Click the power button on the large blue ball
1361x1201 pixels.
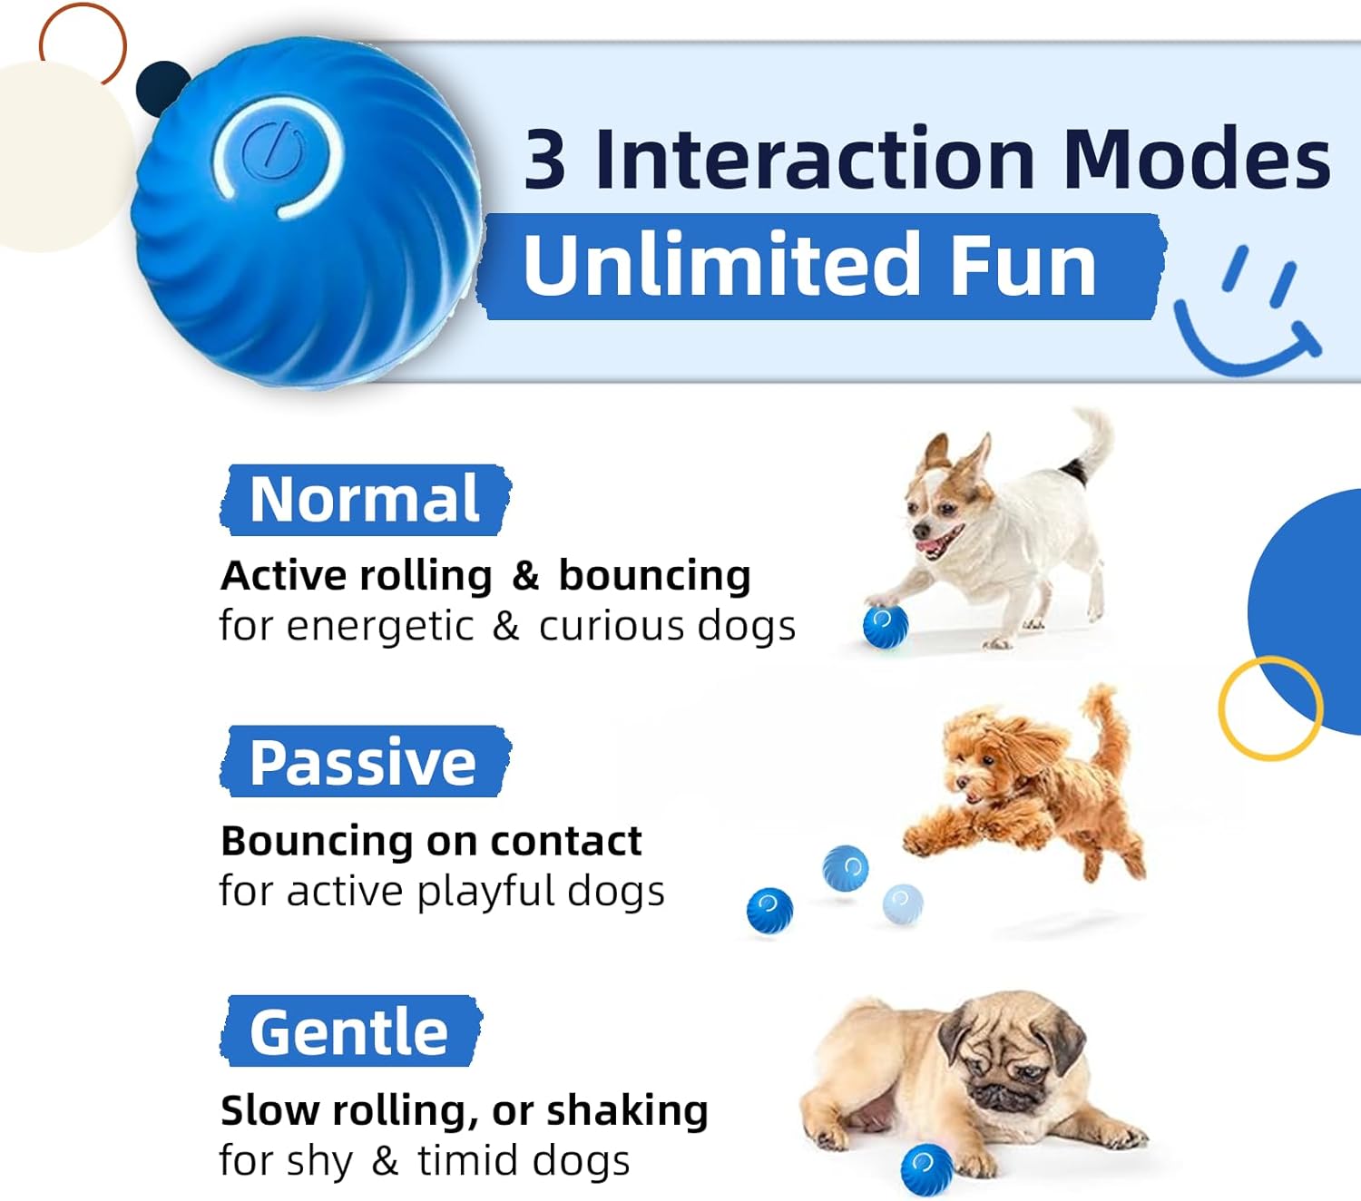tap(271, 151)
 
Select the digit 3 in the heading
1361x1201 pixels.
tap(544, 160)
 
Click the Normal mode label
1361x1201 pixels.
tap(365, 500)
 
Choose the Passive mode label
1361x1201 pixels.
tap(365, 762)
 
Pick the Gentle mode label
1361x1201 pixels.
tap(350, 1031)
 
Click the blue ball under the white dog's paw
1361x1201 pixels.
tap(886, 627)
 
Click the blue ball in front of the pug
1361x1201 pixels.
tap(927, 1171)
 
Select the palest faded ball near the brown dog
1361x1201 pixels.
tap(903, 904)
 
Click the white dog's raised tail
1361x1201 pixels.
tap(1092, 445)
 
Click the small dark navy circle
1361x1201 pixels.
tap(162, 87)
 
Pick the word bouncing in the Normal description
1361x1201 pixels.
tap(654, 576)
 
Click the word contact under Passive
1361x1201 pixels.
tap(565, 840)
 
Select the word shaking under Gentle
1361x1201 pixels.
tap(627, 1110)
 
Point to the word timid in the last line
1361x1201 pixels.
tap(477, 1161)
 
